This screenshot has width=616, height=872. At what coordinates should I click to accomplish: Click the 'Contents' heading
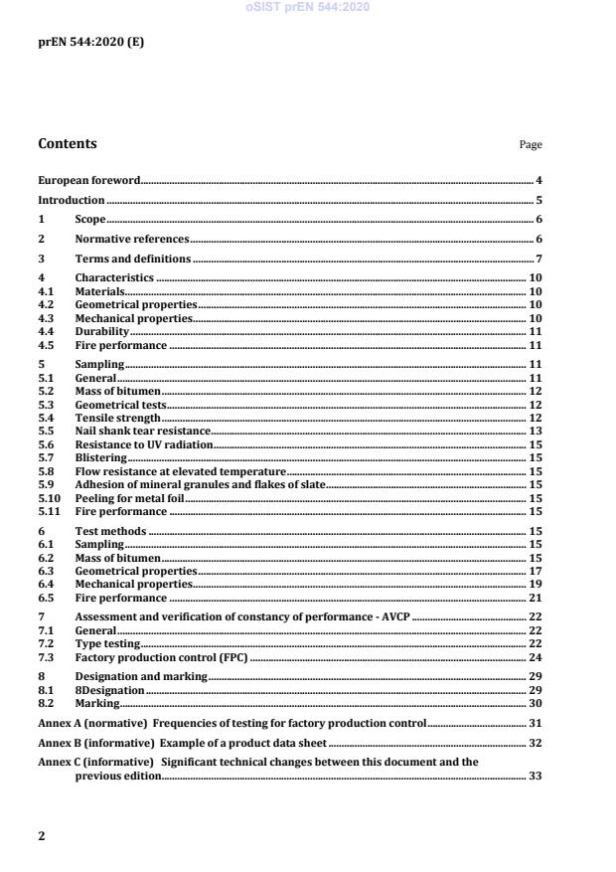[x=68, y=144]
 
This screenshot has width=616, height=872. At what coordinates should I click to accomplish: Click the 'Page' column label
[x=531, y=145]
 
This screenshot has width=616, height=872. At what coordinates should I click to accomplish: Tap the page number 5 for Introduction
[x=539, y=201]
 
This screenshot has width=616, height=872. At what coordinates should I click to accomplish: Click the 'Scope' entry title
[x=90, y=220]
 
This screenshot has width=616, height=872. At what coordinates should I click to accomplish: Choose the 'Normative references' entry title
[x=132, y=240]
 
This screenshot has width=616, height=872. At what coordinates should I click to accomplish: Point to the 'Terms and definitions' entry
[x=133, y=260]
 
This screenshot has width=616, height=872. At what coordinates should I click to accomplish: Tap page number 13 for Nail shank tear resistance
[x=536, y=432]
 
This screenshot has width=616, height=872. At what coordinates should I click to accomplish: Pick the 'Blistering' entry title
[x=101, y=458]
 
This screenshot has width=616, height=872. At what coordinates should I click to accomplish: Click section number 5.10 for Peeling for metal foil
[x=48, y=498]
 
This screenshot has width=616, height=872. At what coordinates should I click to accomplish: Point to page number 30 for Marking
[x=536, y=703]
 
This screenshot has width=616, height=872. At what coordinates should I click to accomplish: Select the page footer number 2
[x=41, y=836]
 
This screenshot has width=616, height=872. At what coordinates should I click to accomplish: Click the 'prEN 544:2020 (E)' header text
[x=77, y=43]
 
